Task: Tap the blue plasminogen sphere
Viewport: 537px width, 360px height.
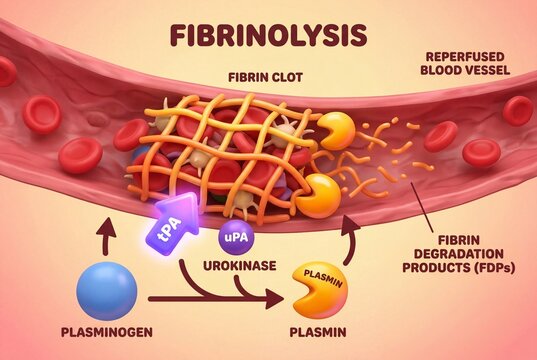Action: [x=105, y=290]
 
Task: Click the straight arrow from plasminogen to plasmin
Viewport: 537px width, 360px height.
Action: [x=210, y=298]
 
